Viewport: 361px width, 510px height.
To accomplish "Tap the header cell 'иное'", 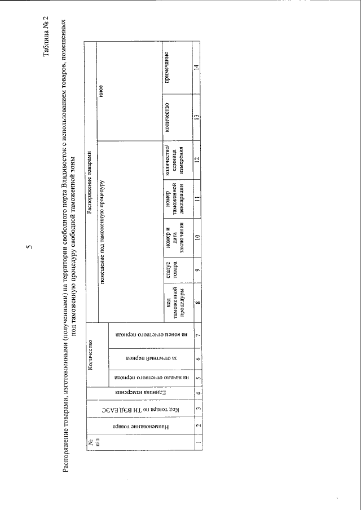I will pyautogui.click(x=101, y=90).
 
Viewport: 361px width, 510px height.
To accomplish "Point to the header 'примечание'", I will pyautogui.click(x=168, y=66).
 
